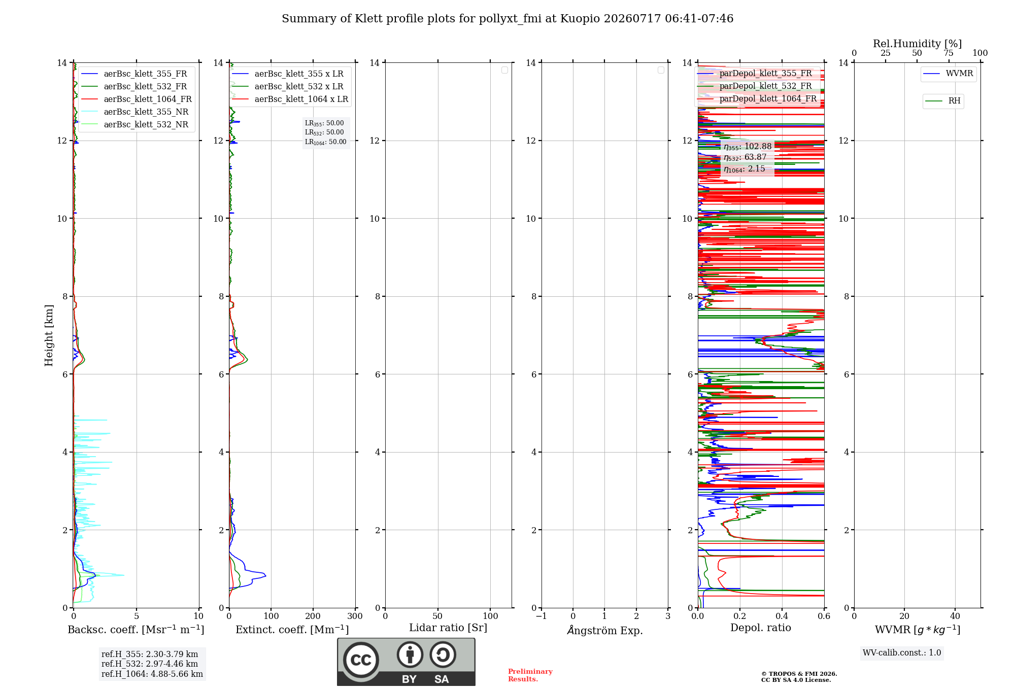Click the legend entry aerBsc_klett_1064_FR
(137, 99)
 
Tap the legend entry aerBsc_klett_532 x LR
(288, 86)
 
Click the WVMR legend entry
(948, 74)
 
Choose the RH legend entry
(943, 100)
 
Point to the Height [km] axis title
(49, 335)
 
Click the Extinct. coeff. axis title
(292, 630)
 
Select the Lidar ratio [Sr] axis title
(448, 628)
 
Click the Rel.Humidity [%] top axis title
(917, 44)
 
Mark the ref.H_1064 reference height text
(152, 674)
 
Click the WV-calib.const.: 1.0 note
(902, 653)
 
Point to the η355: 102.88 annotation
(748, 147)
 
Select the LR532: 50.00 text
(324, 132)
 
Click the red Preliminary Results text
(530, 675)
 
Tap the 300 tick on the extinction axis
(355, 616)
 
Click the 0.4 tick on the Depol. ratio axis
(782, 616)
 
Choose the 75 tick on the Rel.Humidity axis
(948, 53)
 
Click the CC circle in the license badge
(361, 660)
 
